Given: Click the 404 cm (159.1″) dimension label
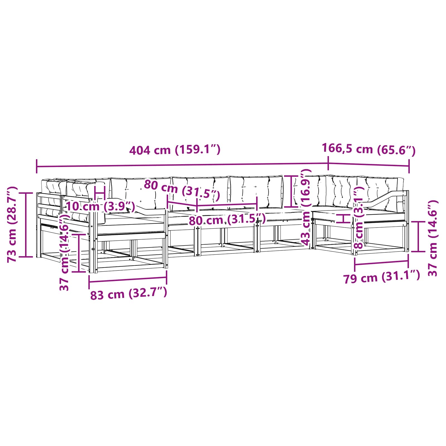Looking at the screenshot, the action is click(x=175, y=150).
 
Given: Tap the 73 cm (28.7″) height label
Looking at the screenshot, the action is click(x=13, y=224).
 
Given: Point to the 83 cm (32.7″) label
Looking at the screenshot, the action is click(x=129, y=294).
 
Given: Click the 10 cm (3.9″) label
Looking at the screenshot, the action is click(x=101, y=207).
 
